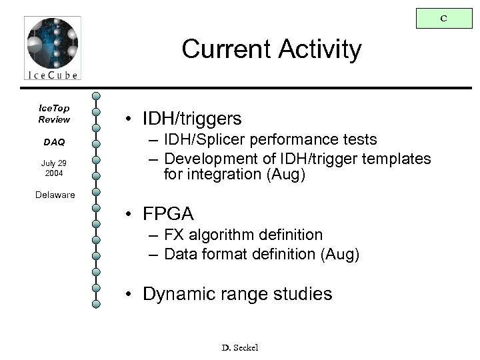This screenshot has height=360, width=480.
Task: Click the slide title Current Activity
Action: point(271,49)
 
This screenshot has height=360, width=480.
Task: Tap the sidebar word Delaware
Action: point(56,195)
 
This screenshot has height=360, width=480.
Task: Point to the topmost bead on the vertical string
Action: point(97,95)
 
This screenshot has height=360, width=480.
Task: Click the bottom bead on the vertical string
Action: point(97,305)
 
